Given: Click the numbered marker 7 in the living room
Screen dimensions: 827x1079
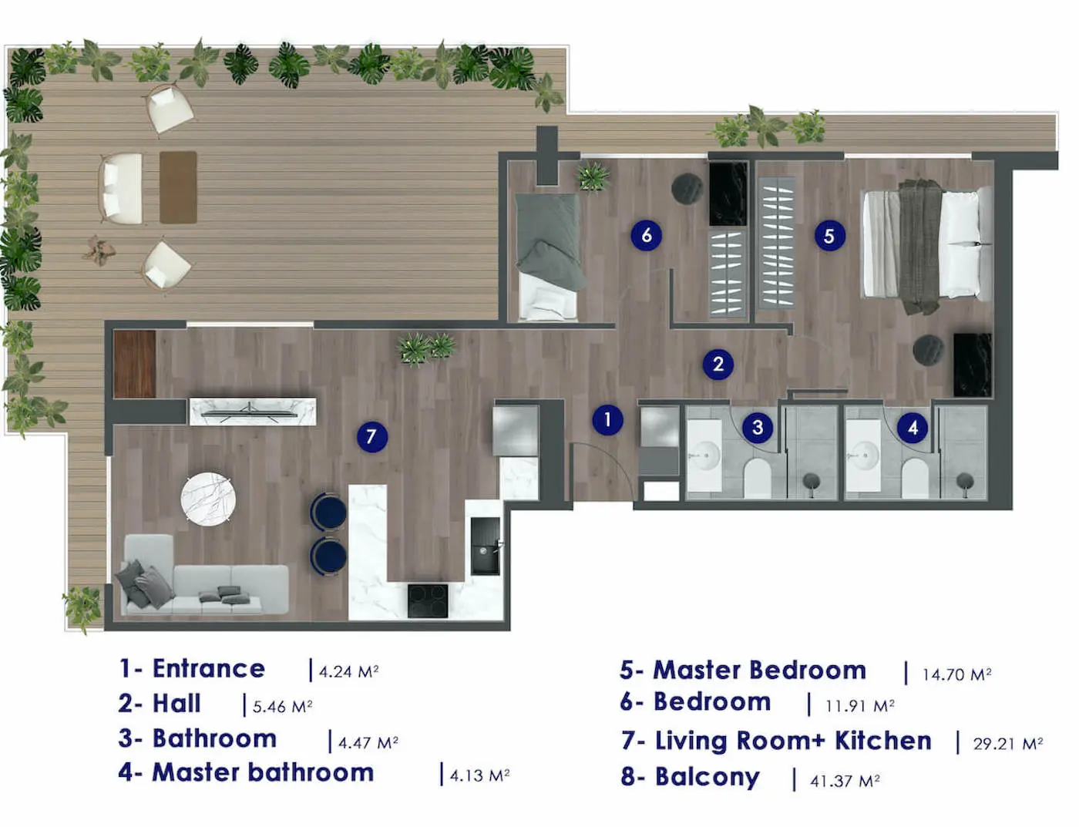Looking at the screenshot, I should click(x=371, y=437).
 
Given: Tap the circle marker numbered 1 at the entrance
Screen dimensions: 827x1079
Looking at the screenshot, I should click(x=607, y=420).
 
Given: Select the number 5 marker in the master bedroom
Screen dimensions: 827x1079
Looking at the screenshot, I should click(x=829, y=236).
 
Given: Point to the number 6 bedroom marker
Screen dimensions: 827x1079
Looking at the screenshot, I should click(x=646, y=235).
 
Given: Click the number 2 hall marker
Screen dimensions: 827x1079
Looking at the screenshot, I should click(x=718, y=364).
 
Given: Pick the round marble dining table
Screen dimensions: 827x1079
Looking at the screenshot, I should click(x=207, y=498).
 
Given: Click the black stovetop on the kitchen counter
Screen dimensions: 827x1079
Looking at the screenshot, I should click(x=428, y=600).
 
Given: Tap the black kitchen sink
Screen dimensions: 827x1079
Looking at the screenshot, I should click(x=485, y=545).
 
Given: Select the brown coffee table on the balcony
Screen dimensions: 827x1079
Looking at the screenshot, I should click(x=178, y=187).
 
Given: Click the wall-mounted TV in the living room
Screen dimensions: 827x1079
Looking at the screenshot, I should click(x=252, y=412).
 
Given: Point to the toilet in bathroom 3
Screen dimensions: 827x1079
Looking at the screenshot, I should click(x=757, y=479).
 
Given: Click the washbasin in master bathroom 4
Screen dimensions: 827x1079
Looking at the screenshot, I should click(x=862, y=456).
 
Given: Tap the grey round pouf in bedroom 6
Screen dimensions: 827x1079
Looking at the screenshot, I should click(x=687, y=189).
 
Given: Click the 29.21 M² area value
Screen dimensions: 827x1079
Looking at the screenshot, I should click(x=1007, y=744).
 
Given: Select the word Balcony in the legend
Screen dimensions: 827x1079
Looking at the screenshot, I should click(x=707, y=777).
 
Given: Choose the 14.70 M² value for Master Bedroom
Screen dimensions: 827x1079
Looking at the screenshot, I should click(x=956, y=674).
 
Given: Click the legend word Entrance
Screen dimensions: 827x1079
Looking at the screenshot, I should click(x=208, y=668).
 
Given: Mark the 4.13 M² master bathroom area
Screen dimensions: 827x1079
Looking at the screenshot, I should click(x=479, y=775).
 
